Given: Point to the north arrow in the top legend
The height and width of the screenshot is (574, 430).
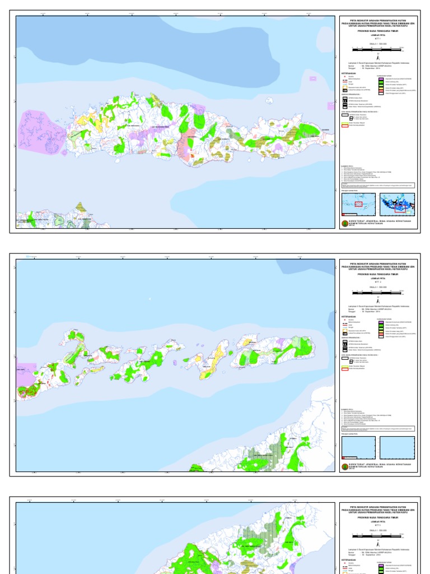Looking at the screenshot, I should click(x=378, y=57).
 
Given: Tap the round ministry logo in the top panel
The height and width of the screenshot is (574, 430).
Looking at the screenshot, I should click(x=344, y=222).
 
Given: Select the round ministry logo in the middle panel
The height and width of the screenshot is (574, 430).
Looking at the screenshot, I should click(x=344, y=465).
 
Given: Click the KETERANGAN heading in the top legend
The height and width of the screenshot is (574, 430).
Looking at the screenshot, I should click(x=348, y=73).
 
